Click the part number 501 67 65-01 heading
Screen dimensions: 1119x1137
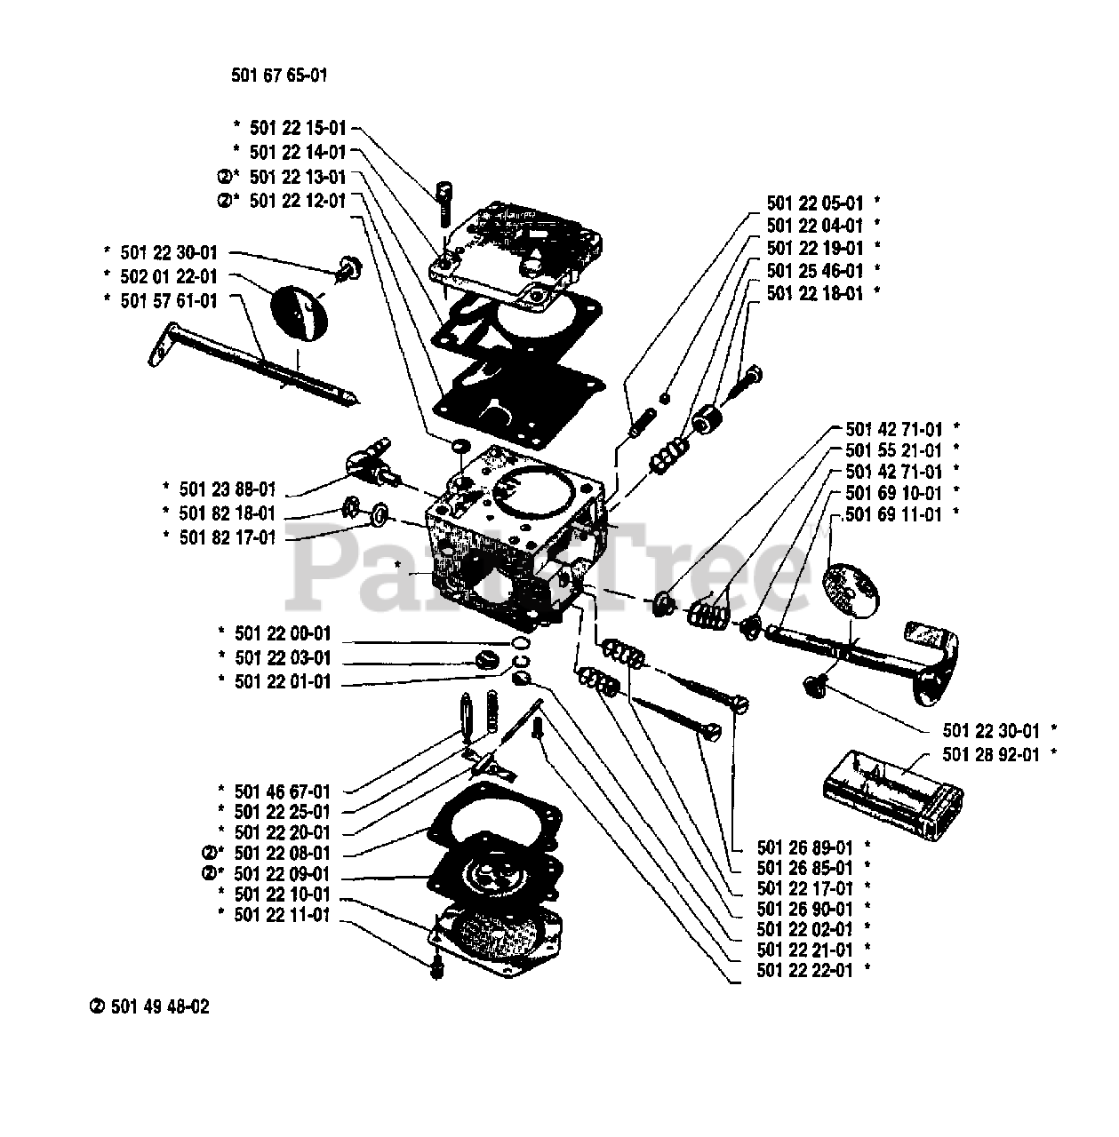279,76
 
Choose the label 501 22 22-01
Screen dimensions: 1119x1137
804,970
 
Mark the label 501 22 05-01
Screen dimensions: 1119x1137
815,203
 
